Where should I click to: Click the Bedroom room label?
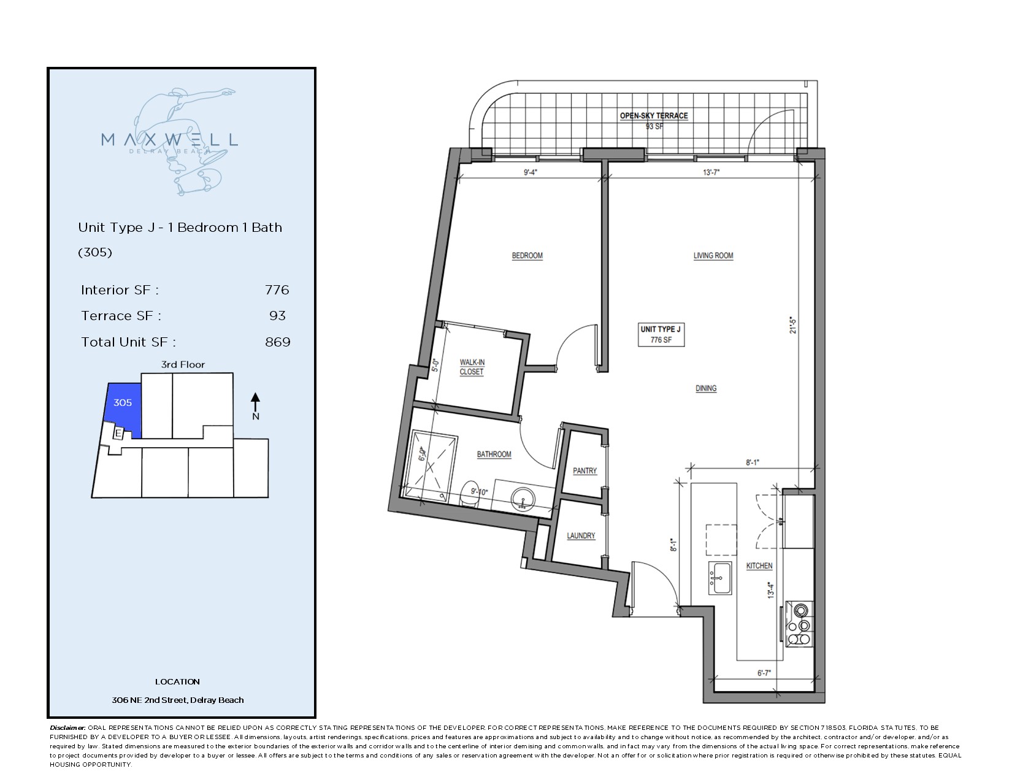point(527,256)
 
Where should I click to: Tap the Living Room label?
point(713,256)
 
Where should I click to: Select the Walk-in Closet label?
point(472,367)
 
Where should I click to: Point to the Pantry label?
point(585,471)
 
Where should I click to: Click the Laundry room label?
point(581,535)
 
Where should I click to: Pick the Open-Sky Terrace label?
point(654,116)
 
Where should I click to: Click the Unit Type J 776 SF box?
point(661,335)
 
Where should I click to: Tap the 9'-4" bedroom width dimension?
point(531,172)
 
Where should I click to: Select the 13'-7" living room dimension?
point(711,172)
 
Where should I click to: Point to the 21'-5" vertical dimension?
point(793,325)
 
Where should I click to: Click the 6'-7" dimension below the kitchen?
point(764,673)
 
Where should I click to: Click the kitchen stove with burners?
point(799,624)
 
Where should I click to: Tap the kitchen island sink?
point(720,578)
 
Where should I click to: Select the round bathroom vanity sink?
point(523,500)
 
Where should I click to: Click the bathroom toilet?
point(469,494)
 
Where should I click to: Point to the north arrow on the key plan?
point(255,402)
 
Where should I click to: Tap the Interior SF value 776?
point(277,290)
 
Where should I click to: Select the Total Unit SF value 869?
point(278,342)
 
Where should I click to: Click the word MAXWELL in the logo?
point(169,140)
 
